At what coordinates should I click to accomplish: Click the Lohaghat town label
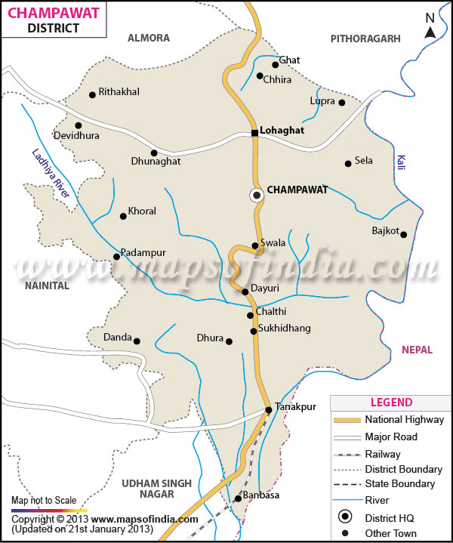click(282, 130)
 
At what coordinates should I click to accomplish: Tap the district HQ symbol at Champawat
click(257, 195)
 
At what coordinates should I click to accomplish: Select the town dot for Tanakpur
click(268, 410)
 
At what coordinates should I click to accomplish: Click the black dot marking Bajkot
click(403, 234)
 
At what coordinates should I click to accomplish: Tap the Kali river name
click(400, 162)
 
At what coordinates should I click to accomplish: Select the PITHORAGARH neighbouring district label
click(365, 38)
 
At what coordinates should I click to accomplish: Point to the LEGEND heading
click(391, 403)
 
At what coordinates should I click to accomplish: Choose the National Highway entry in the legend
click(404, 419)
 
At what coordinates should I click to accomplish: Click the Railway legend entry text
click(382, 454)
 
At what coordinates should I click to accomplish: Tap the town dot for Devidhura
click(78, 125)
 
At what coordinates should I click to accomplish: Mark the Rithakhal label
click(119, 92)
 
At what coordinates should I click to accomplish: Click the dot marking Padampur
click(116, 257)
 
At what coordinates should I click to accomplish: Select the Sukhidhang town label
click(285, 329)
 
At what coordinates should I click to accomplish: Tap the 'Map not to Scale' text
click(43, 501)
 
